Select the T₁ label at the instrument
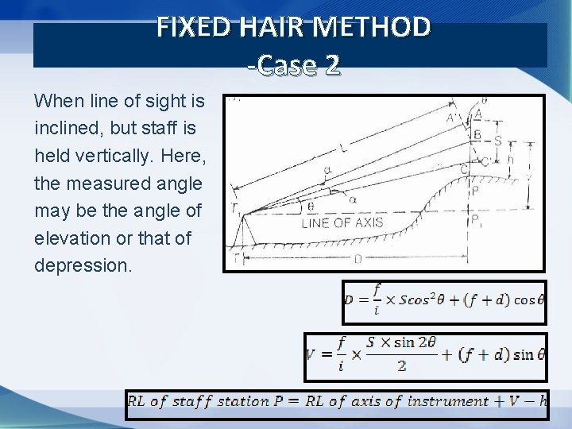[236, 209]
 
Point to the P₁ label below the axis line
[475, 222]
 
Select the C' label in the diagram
[485, 162]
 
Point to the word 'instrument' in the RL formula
[448, 401]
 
